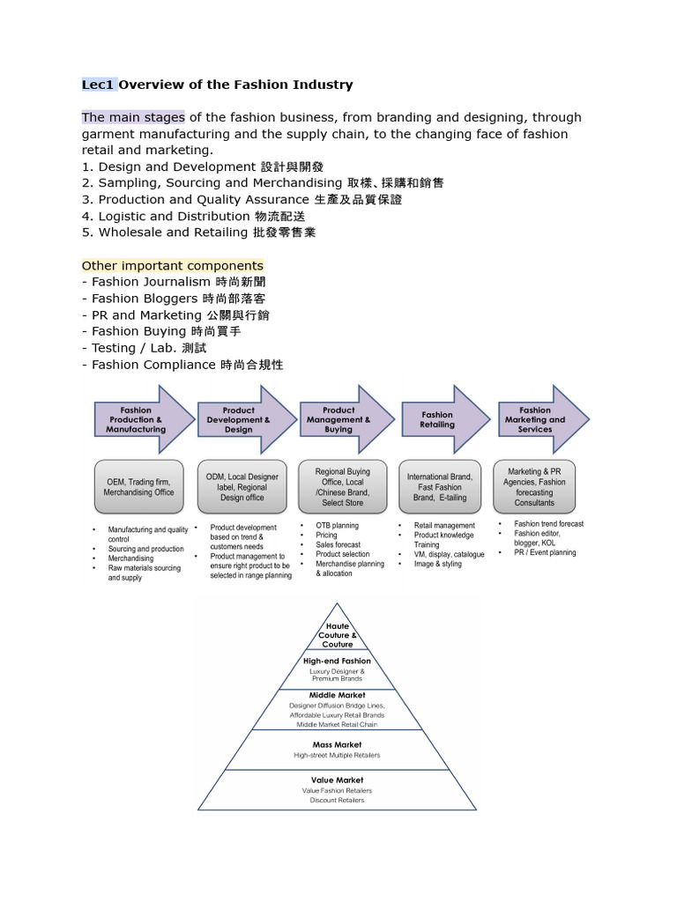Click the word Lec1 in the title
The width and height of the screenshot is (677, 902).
98,85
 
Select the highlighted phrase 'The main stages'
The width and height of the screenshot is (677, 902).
133,117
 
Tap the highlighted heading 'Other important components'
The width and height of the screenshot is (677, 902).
172,265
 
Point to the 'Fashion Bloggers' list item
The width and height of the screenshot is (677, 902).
174,299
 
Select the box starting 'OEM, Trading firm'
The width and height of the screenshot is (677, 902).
139,486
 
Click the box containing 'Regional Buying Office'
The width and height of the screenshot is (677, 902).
343,486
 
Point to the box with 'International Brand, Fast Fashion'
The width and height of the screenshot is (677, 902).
440,486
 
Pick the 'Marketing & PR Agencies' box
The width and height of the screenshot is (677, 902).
535,486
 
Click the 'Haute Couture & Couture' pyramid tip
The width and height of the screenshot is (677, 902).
337,635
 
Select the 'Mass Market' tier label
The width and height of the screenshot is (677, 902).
337,744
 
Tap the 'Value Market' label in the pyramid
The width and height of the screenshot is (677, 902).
337,780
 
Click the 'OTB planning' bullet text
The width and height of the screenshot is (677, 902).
337,526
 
